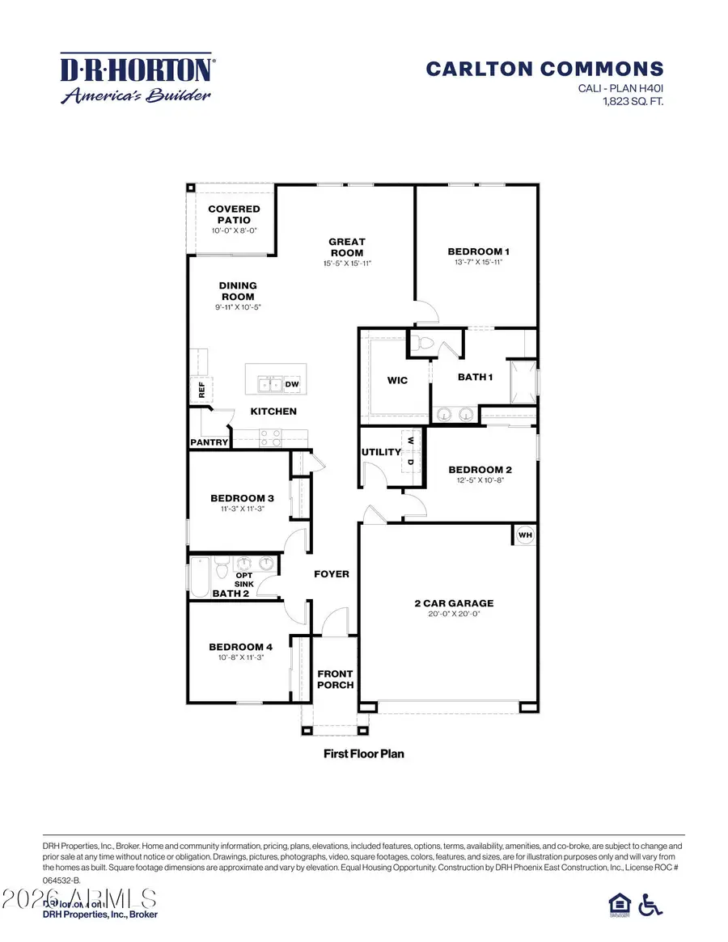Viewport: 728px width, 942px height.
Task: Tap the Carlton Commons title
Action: pyautogui.click(x=544, y=70)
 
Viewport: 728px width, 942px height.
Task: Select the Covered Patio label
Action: pyautogui.click(x=234, y=214)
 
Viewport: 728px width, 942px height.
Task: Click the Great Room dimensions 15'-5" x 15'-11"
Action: pyautogui.click(x=346, y=264)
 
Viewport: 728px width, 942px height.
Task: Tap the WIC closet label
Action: pyautogui.click(x=397, y=380)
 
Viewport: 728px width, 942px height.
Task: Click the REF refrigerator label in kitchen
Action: pyautogui.click(x=201, y=391)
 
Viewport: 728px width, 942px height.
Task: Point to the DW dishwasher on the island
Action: pyautogui.click(x=291, y=384)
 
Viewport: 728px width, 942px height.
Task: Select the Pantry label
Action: pyautogui.click(x=209, y=442)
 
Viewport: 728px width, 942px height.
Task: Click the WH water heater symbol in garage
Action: pyautogui.click(x=524, y=535)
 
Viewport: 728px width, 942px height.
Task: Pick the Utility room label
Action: pyautogui.click(x=381, y=452)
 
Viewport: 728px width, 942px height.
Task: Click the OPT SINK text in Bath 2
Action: pyautogui.click(x=244, y=579)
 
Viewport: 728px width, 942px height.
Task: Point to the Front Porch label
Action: pyautogui.click(x=335, y=679)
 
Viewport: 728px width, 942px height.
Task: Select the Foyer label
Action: pyautogui.click(x=332, y=574)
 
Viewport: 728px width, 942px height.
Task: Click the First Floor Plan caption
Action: pyautogui.click(x=363, y=754)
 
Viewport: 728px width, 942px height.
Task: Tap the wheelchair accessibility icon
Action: pyautogui.click(x=650, y=905)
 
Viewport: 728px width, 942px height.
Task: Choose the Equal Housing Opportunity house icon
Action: pyautogui.click(x=617, y=905)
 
